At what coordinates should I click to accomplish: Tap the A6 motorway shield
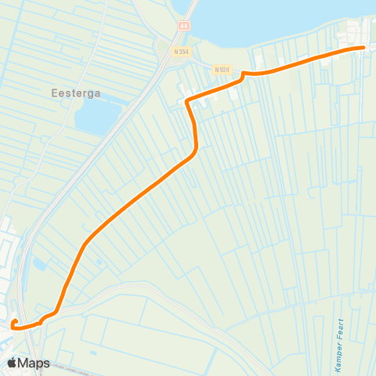[x=184, y=25]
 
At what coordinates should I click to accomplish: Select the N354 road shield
[x=182, y=52]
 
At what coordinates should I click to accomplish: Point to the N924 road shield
[x=223, y=69]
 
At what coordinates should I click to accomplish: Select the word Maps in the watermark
[x=35, y=363]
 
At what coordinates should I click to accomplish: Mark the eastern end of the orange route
[x=364, y=48]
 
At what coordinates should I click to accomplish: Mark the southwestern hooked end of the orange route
[x=14, y=321]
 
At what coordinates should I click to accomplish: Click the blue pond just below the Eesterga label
[x=97, y=117]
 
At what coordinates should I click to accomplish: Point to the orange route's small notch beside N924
[x=244, y=74]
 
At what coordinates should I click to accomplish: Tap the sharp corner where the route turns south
[x=186, y=101]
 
